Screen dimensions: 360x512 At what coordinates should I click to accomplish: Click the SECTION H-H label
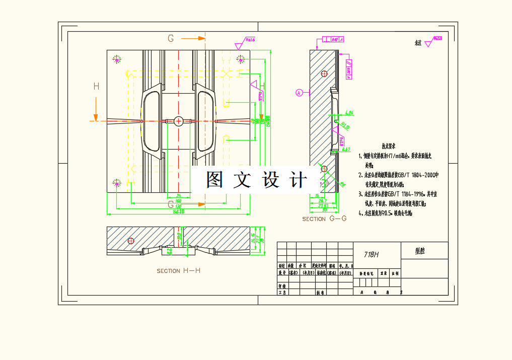click(178, 271)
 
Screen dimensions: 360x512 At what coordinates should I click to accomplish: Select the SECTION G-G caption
click(324, 219)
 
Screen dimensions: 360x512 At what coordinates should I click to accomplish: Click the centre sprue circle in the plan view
click(179, 121)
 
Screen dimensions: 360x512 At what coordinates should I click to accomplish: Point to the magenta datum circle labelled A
click(299, 92)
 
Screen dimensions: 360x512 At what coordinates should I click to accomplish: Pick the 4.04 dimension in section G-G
click(347, 113)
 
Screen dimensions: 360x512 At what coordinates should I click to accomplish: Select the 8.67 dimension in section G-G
click(346, 150)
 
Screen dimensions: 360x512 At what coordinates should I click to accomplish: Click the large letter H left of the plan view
click(96, 87)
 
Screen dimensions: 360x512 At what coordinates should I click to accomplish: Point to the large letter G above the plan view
click(171, 38)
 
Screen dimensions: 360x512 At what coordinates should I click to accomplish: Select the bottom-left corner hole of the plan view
click(117, 183)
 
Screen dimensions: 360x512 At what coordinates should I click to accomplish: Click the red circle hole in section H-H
click(131, 241)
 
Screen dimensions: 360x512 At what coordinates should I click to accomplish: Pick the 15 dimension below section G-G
click(317, 196)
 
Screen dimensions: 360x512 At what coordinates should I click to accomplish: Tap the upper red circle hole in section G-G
click(324, 74)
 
